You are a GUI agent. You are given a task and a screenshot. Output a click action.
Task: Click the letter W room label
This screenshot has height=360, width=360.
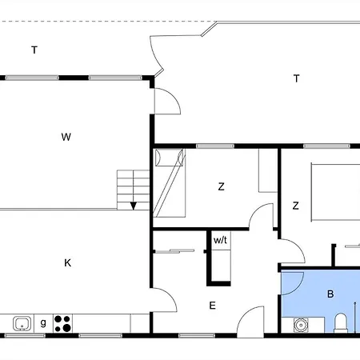[x=66, y=137]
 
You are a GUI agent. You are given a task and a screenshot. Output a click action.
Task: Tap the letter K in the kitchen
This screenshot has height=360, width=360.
[x=67, y=262]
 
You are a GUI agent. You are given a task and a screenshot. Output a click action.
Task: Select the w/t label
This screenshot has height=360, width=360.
[x=220, y=239]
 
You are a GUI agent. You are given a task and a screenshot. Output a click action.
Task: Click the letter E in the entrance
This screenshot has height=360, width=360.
[x=212, y=305]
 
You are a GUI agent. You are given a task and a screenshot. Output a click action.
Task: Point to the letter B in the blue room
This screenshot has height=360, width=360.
[x=330, y=294]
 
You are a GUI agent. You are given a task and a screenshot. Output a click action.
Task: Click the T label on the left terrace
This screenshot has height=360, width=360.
[x=34, y=50]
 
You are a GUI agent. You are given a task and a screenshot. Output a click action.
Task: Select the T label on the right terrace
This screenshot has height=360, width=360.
[x=296, y=78]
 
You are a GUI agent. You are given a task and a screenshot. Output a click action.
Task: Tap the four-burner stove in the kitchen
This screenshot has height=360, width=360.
[x=62, y=323]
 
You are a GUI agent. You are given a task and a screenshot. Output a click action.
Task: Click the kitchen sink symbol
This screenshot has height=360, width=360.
[x=22, y=323]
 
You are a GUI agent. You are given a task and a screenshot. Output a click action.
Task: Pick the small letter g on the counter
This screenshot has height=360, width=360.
[x=43, y=323]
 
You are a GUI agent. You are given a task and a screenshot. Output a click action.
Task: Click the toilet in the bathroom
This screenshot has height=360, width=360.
[x=340, y=322]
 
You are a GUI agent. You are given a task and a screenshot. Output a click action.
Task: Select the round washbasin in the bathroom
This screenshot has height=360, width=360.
[x=301, y=325]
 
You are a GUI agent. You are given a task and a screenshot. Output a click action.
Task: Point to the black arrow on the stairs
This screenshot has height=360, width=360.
[x=134, y=205]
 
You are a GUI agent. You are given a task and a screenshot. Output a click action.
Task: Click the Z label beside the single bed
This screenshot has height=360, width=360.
[x=221, y=187]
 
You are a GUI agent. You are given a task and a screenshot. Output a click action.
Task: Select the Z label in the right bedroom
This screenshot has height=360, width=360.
[x=295, y=206]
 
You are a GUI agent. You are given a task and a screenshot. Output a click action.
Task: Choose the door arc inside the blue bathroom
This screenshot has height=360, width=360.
[x=292, y=283]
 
